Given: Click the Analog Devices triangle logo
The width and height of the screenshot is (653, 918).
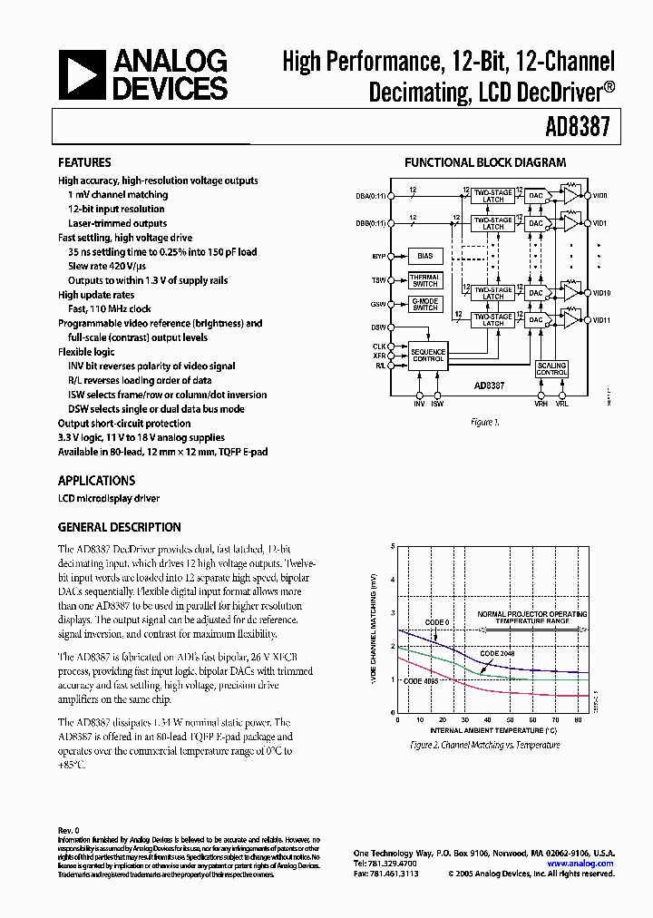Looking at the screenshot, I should [81, 74].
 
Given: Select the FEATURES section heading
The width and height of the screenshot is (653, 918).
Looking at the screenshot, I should [84, 162].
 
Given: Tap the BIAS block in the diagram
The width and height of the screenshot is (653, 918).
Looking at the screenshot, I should [425, 257].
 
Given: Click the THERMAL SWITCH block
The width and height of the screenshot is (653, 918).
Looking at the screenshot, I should [424, 280].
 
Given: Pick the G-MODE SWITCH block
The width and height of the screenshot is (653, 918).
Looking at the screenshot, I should [424, 305].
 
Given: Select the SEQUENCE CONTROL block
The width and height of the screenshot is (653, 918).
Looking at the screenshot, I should [427, 355].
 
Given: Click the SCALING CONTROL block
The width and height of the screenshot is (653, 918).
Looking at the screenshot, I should [551, 369].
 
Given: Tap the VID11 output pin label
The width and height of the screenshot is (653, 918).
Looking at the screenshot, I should [602, 320].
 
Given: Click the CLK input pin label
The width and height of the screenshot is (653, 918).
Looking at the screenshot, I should [379, 347].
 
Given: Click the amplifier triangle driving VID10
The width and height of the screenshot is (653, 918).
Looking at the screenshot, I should [570, 293].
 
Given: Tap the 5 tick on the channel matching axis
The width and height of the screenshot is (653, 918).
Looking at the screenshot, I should [393, 547].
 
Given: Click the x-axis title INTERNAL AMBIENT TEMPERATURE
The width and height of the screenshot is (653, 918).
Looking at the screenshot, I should [492, 729].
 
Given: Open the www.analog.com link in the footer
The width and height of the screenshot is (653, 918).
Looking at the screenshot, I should [580, 864].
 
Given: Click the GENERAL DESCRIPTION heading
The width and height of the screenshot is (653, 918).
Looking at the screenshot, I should [119, 527].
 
